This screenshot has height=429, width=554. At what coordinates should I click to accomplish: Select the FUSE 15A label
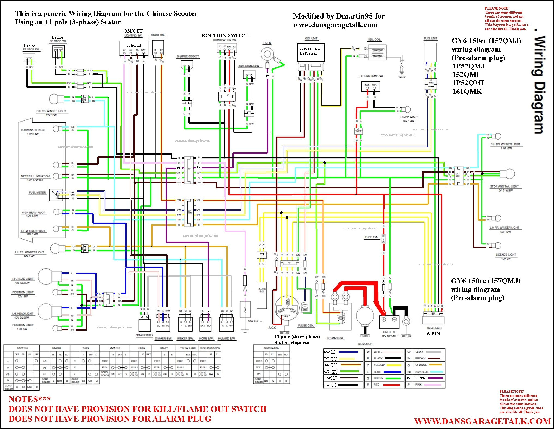pyautogui.click(x=371, y=237)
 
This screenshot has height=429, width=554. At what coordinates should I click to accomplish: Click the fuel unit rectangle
pyautogui.click(x=431, y=52)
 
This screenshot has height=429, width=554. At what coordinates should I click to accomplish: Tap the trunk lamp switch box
pyautogui.click(x=370, y=87)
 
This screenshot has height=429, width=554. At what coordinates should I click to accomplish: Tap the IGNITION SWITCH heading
pyautogui.click(x=225, y=35)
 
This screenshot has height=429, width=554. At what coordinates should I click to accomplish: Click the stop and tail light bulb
pyautogui.click(x=507, y=174)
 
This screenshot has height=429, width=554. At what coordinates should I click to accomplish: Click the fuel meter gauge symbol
pyautogui.click(x=56, y=195)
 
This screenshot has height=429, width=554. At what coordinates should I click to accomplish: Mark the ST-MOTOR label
pyautogui.click(x=365, y=344)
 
